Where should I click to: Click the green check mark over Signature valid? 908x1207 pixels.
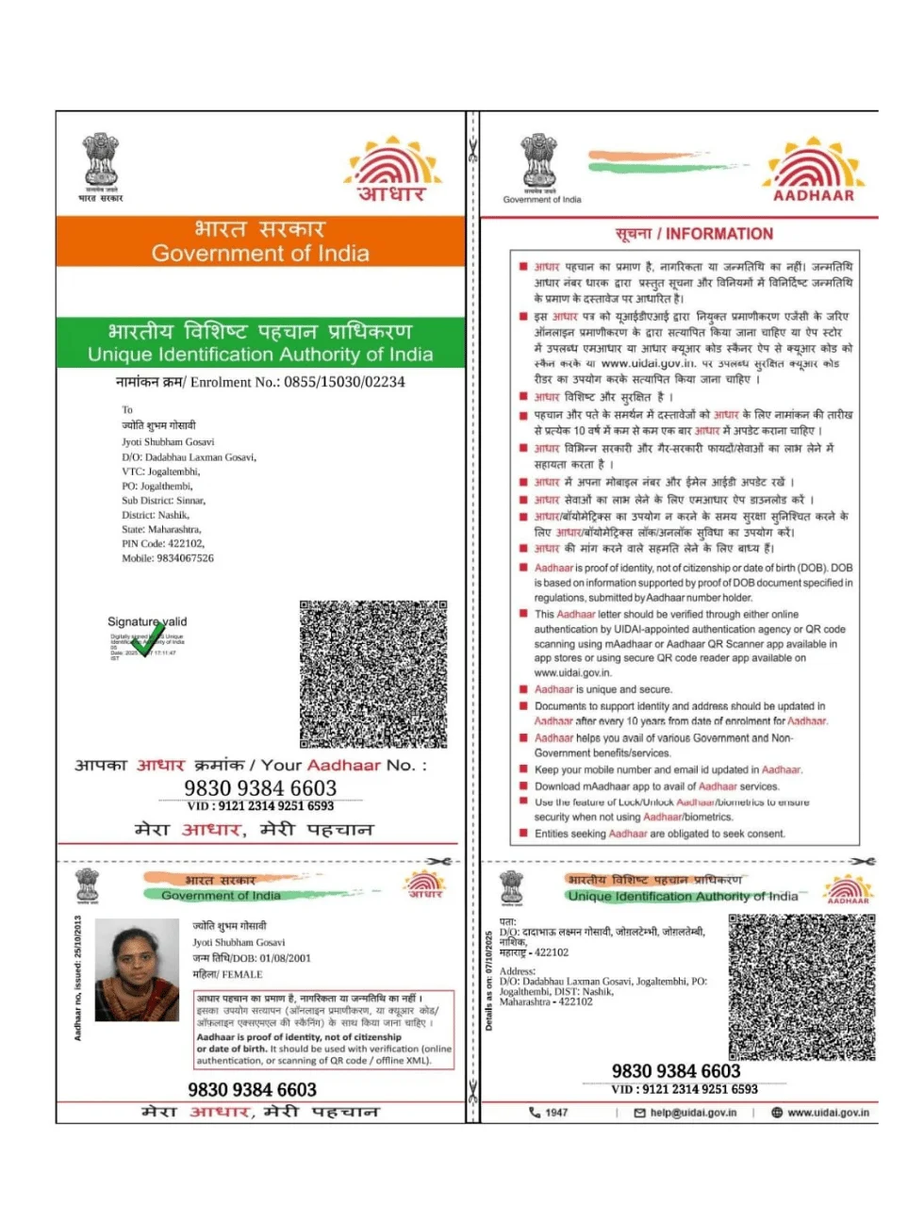tap(148, 638)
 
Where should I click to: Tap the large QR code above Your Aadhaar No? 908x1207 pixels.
tap(373, 673)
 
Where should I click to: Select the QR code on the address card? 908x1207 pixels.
tap(801, 986)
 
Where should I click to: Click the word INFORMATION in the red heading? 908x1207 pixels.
tap(719, 234)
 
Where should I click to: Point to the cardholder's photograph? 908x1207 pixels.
tap(138, 970)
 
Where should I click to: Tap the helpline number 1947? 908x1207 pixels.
tap(556, 1113)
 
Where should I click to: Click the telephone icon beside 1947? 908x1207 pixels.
tap(535, 1113)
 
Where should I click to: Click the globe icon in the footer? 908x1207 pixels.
tap(777, 1113)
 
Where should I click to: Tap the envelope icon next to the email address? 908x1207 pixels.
tap(640, 1113)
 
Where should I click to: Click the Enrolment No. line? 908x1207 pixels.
tap(260, 382)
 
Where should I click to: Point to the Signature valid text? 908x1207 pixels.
tap(147, 621)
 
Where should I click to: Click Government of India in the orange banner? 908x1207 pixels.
tap(260, 254)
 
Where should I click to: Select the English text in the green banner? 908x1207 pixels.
tap(260, 355)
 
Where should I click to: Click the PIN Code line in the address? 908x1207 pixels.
tap(162, 543)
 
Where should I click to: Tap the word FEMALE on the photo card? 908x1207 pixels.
tap(240, 974)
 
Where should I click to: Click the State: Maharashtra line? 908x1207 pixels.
tap(161, 529)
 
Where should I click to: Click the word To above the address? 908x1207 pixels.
tap(127, 410)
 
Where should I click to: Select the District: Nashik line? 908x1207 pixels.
tap(156, 515)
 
